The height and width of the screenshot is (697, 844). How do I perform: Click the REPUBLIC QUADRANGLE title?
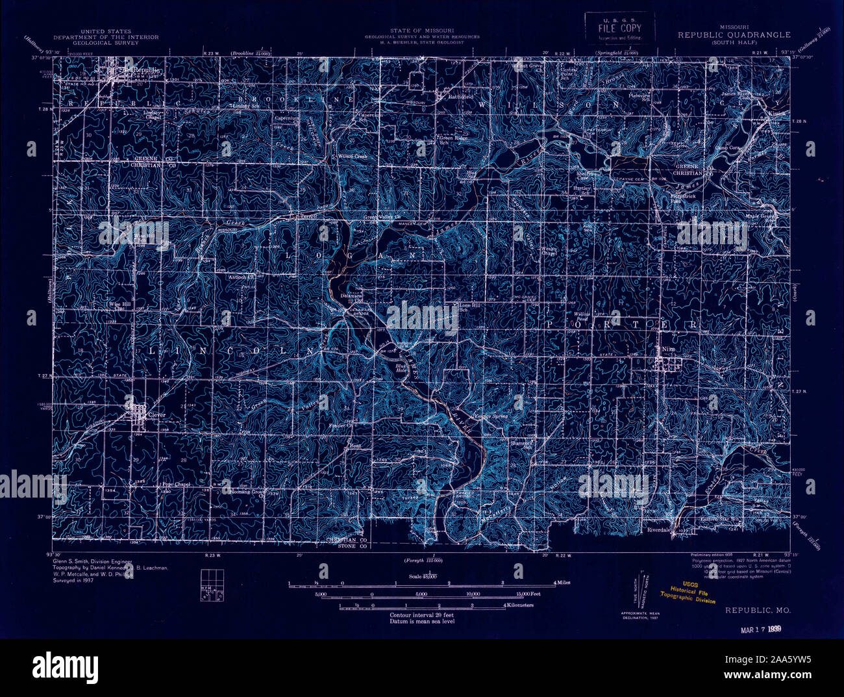pos(734,35)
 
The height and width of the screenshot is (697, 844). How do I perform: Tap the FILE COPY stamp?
pos(619,29)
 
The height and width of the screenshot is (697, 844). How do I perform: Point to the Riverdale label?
pos(658,529)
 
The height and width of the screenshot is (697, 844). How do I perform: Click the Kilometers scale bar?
pos(422,606)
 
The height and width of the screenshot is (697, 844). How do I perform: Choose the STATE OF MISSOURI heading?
pos(422,31)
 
